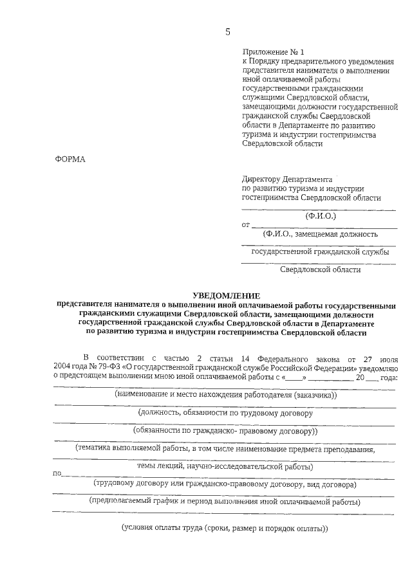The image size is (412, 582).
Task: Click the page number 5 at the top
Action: point(227,32)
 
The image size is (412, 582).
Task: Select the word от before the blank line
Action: point(245,225)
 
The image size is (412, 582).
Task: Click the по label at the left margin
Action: point(57,475)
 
